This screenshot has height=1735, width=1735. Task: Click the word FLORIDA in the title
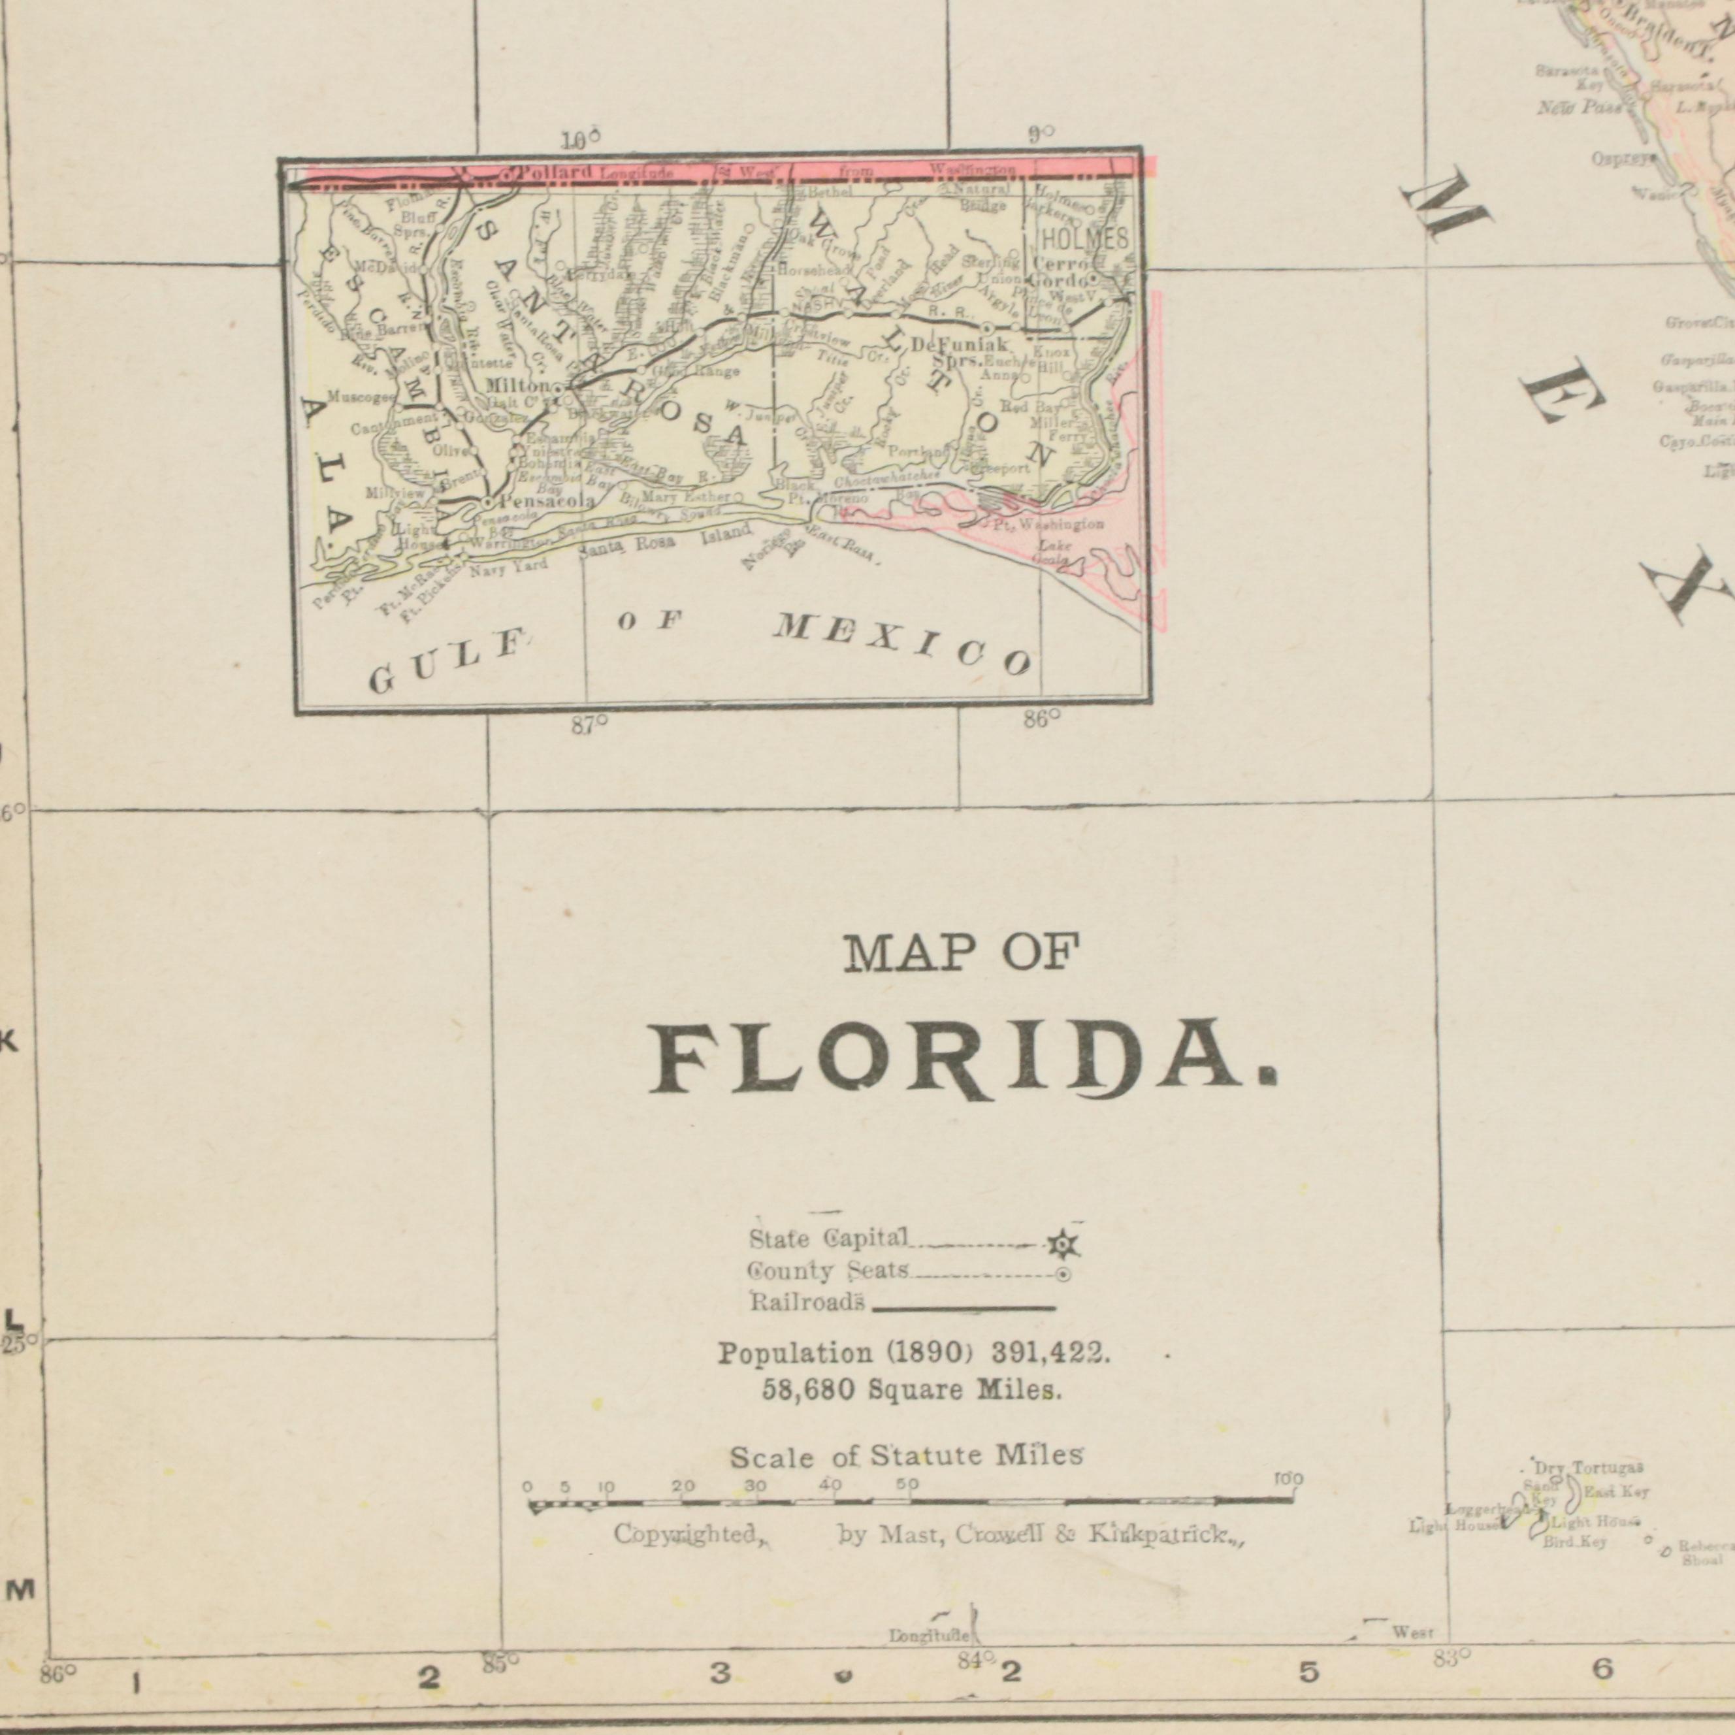pos(961,1059)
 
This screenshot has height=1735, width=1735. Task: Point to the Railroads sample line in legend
pos(964,1308)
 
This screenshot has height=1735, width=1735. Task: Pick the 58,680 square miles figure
pos(809,1391)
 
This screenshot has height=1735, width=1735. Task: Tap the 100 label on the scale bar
pos(1289,1479)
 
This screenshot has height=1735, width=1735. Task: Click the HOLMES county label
pos(1083,239)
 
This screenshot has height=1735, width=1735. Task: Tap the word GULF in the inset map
pos(446,664)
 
